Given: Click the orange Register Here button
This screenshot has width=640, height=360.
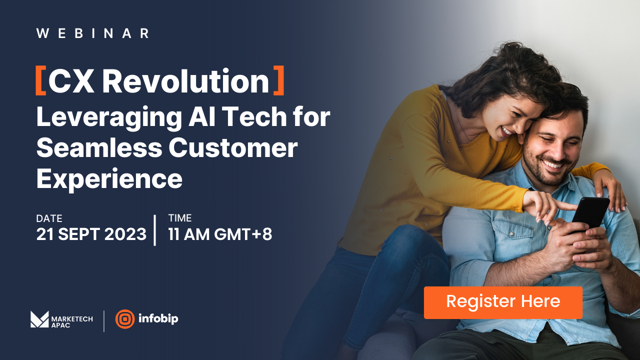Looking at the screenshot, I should coord(503,302).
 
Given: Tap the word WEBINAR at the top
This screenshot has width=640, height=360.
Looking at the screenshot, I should coord(93,33).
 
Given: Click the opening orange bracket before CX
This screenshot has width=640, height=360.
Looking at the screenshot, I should coord(40,81).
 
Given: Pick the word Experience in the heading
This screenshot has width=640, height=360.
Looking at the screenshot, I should coord(109,178).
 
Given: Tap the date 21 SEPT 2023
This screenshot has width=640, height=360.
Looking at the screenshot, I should coord(91,234).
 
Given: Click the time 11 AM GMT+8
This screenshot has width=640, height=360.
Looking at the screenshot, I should coord(220,234).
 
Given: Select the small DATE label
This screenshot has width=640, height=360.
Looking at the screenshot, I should coord(49,218).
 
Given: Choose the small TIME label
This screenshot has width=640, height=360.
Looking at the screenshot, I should coord(180,218).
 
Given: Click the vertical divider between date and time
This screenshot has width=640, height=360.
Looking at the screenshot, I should coord(154,230).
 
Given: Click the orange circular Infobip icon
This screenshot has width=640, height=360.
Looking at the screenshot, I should coord(125,319).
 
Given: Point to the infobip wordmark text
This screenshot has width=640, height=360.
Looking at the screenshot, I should coord(159,319).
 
